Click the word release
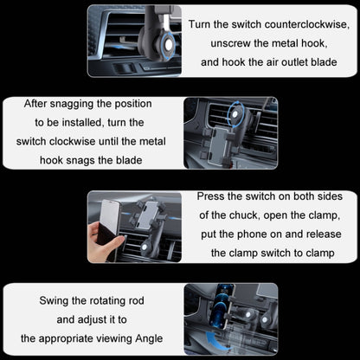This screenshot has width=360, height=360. (318, 235)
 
